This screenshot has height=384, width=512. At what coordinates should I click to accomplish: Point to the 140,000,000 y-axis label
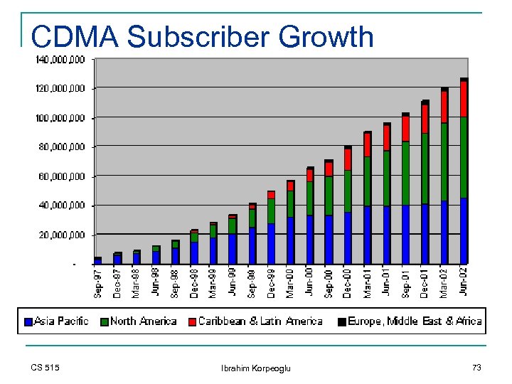point(60,59)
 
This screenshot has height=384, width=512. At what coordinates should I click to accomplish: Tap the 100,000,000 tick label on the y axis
point(60,117)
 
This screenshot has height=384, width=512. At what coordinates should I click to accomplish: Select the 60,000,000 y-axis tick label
point(61,176)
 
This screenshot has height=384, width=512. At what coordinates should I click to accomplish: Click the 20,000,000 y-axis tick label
point(61,235)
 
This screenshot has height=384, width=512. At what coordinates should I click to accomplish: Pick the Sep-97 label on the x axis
point(98,282)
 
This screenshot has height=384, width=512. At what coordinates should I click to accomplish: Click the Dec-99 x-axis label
point(271,282)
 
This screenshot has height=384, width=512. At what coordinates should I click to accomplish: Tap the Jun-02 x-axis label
point(464,282)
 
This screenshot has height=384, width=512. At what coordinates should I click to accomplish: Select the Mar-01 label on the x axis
point(368,282)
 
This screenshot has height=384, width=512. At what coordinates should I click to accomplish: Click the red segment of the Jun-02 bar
point(464,99)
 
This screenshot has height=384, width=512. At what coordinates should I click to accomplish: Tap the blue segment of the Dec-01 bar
point(425,234)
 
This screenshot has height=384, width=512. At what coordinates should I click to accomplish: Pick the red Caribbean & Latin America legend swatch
point(192,322)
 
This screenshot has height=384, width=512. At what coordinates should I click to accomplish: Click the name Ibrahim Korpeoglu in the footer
point(256,368)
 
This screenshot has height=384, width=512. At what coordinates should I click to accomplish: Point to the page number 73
point(476,367)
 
